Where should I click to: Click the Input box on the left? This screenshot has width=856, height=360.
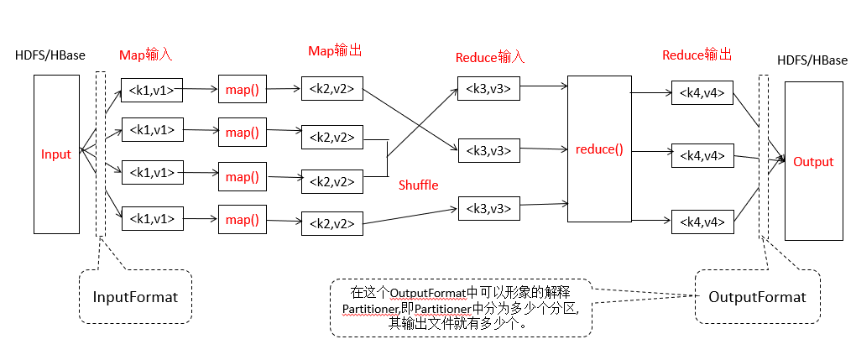tap(55, 154)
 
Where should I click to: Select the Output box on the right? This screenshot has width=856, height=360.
tap(813, 161)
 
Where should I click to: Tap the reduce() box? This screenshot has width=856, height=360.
tap(599, 149)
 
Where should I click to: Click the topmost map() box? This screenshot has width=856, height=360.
tap(243, 89)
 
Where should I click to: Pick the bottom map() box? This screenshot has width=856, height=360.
tap(243, 220)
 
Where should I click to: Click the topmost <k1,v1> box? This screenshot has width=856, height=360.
tap(153, 89)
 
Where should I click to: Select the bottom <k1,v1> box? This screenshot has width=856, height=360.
tap(153, 219)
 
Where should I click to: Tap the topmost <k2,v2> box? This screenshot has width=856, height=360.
tap(331, 88)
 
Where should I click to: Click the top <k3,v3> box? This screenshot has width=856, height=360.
tap(488, 86)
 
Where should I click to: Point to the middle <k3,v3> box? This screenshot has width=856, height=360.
tap(488, 150)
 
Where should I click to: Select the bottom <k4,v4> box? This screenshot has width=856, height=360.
tap(702, 222)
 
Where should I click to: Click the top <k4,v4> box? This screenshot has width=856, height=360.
tap(702, 92)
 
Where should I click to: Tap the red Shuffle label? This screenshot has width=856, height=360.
tap(419, 185)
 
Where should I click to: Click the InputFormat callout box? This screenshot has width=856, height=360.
tap(134, 296)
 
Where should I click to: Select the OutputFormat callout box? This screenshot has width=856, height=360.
tap(757, 296)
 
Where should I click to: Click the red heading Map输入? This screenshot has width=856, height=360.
tap(145, 55)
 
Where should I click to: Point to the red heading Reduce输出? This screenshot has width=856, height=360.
tap(697, 55)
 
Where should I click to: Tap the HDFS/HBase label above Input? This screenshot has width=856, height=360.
tap(50, 55)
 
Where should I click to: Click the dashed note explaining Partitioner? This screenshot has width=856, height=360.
tap(461, 308)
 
